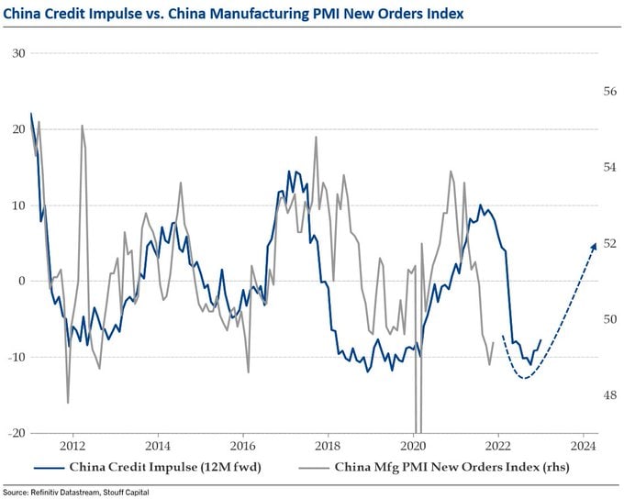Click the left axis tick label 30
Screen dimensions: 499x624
click(x=18, y=53)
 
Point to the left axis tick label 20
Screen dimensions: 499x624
click(x=18, y=129)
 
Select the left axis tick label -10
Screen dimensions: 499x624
click(x=16, y=357)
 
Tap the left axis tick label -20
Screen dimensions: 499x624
click(x=16, y=433)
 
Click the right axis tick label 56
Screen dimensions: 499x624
click(x=608, y=92)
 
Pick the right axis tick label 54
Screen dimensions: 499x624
click(x=608, y=168)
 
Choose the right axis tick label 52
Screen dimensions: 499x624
click(x=608, y=244)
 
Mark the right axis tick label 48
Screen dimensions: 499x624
click(x=608, y=395)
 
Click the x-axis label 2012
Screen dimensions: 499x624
click(x=72, y=447)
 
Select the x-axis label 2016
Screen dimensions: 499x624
click(x=242, y=447)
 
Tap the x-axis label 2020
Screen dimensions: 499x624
click(x=413, y=447)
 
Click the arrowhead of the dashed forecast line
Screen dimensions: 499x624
click(x=595, y=245)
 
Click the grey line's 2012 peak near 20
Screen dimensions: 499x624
click(x=82, y=126)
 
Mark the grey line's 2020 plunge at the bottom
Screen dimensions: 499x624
click(x=417, y=429)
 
